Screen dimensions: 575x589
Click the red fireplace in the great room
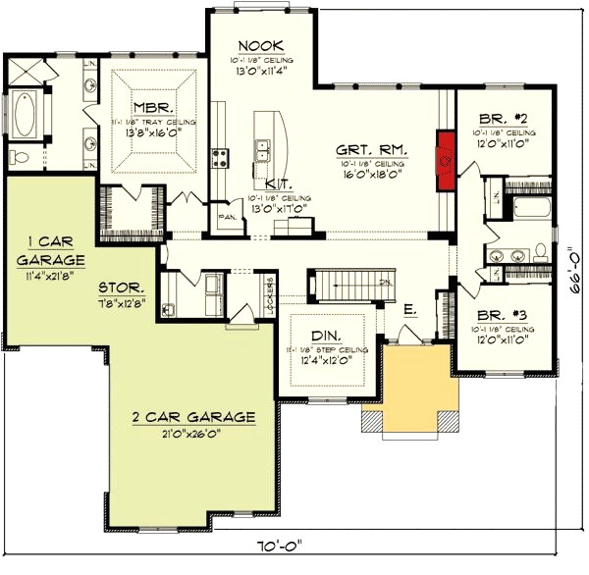[x=445, y=158]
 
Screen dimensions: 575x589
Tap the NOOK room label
[x=260, y=46]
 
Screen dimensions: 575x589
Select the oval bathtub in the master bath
[x=23, y=114]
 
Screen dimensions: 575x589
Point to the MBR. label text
[x=155, y=107]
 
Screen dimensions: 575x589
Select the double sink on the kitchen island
[x=262, y=150]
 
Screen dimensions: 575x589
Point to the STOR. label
[x=123, y=288]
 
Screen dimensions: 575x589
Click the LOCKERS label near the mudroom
[x=268, y=291]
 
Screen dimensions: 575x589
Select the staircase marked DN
[x=339, y=285]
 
